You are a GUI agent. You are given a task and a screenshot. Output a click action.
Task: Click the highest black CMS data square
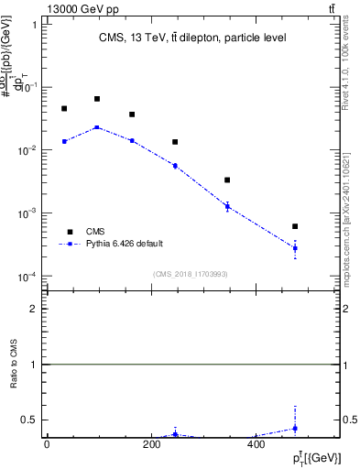click(x=97, y=99)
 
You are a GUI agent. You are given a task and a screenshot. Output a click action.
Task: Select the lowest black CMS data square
click(x=295, y=226)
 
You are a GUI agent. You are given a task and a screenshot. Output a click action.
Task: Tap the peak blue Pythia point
click(x=97, y=127)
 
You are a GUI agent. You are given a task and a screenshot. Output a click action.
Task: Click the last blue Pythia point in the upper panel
click(x=295, y=248)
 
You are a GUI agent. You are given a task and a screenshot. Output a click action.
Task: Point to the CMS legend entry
click(x=95, y=232)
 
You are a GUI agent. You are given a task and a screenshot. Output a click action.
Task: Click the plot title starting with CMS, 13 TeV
click(x=192, y=38)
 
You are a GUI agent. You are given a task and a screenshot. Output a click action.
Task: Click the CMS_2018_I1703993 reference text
click(x=191, y=274)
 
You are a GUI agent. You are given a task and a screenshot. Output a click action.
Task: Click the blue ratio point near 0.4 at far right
click(x=295, y=429)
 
